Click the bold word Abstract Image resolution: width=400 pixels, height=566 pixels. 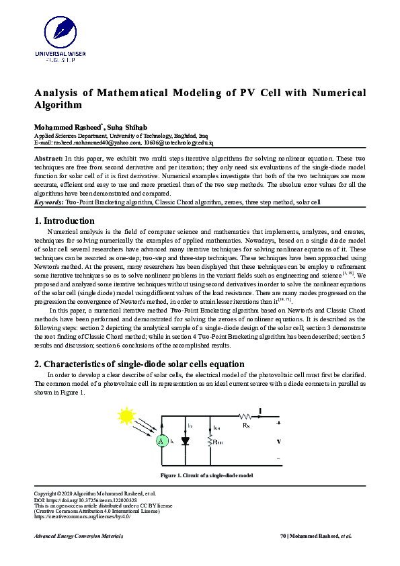pos(48,157)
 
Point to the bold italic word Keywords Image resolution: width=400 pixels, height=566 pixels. pos(48,202)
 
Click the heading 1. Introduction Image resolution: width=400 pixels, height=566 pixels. pos(64,220)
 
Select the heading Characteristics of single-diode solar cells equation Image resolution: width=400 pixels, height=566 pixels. pos(143,364)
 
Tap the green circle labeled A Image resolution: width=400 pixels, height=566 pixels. pos(161,441)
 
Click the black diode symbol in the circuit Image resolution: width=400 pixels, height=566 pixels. pos(186,441)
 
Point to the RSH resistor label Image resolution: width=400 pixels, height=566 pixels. pos(217,442)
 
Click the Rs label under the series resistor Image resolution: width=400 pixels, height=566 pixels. pos(246,425)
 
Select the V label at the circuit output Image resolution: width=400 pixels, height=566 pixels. pos(278,442)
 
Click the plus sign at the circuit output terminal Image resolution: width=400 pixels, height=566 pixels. pos(278,423)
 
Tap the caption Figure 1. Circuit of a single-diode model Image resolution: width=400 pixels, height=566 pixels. pos(206,475)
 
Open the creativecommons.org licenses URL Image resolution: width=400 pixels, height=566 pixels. pos(81,516)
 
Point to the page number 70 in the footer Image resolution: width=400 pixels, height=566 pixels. pos(282,536)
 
